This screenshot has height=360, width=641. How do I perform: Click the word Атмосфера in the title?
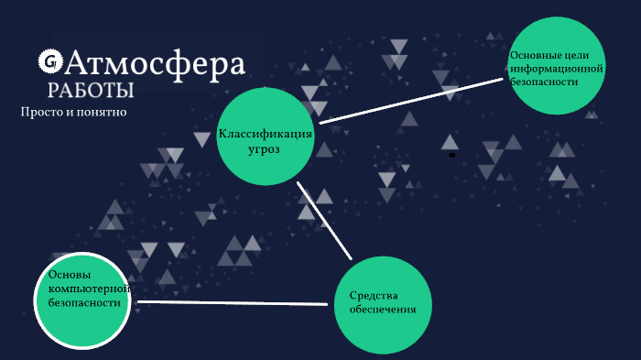156,63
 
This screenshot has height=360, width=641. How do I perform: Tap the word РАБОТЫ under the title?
91,90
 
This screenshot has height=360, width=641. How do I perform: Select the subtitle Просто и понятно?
73,112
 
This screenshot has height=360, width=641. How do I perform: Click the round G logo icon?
49,61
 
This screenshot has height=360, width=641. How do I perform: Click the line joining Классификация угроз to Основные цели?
412,98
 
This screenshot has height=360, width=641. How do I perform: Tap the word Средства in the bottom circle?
371,295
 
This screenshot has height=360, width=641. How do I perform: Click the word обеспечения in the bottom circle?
383,309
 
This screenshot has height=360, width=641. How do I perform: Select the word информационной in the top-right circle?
557,68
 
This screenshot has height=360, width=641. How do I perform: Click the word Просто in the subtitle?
38,112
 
